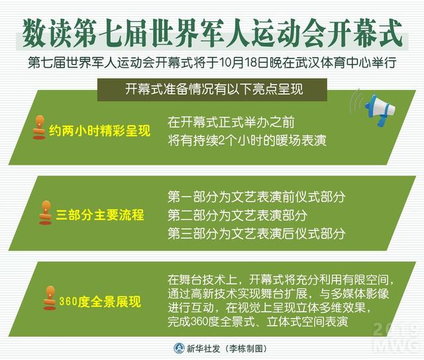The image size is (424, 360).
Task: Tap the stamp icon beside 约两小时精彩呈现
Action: click(x=39, y=128)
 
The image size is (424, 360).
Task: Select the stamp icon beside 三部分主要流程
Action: click(x=46, y=213)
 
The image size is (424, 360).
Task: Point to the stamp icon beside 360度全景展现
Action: click(x=50, y=298)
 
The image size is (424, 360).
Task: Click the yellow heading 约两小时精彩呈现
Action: click(x=99, y=131)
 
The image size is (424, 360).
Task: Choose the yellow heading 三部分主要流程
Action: click(x=100, y=215)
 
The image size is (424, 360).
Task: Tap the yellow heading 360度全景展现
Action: click(x=100, y=301)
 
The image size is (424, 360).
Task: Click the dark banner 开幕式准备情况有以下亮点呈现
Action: click(x=212, y=89)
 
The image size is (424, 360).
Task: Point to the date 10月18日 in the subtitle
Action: click(x=243, y=62)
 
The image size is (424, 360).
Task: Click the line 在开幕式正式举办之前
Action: click(x=231, y=122)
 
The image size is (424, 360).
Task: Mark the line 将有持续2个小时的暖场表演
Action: click(x=247, y=140)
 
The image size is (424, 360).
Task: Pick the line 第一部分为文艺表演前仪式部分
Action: click(x=256, y=197)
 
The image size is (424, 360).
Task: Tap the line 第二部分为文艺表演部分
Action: click(x=237, y=215)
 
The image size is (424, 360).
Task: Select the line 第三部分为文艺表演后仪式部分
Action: click(x=256, y=234)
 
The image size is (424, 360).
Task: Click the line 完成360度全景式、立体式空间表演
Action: click(x=258, y=322)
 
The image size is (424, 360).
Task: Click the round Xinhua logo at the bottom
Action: click(x=179, y=348)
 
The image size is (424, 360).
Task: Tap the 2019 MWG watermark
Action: click(x=396, y=337)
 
